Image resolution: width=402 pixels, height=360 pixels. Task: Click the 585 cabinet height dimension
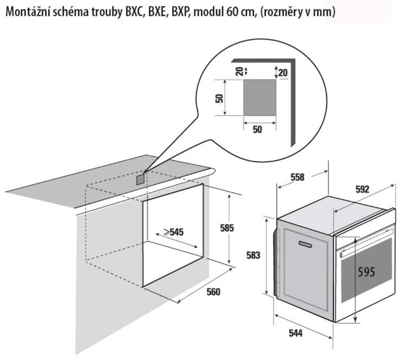pos(227,228)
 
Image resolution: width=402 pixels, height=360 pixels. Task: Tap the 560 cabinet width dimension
pos(213,292)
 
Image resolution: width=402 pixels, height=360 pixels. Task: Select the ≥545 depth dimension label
pos(173,232)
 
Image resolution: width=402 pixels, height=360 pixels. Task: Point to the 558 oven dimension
pos(298,177)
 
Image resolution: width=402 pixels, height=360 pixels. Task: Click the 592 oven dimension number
pos(362,189)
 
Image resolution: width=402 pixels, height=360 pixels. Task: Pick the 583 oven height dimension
pos(253,255)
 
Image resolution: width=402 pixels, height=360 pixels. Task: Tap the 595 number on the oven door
pos(366,272)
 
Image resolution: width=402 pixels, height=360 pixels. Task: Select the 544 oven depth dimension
pos(295,333)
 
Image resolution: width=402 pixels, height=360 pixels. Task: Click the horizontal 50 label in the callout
pos(257,130)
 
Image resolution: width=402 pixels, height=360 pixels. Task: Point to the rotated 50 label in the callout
pos(219,98)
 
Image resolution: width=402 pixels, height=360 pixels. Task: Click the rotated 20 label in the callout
pos(239,71)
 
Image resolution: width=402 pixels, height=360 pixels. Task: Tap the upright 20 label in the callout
pos(283,73)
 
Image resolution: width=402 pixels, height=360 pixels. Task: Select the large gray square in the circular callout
pos(260,97)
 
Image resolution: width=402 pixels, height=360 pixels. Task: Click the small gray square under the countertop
pos(140,179)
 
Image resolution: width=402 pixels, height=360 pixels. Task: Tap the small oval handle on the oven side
pos(305,244)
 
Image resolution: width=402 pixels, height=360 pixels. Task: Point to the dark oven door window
pos(367,270)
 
